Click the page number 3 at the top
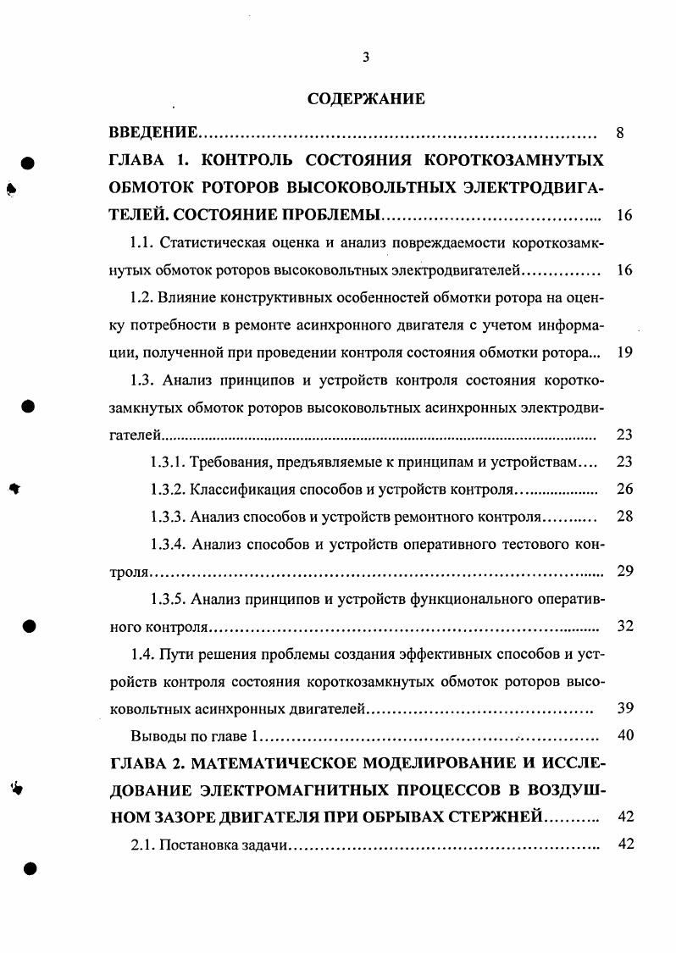tap(365, 57)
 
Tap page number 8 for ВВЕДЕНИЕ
tap(620, 133)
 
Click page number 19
tap(625, 352)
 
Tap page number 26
tap(625, 490)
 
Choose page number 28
tap(625, 517)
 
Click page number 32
tap(625, 627)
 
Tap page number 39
tap(625, 708)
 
